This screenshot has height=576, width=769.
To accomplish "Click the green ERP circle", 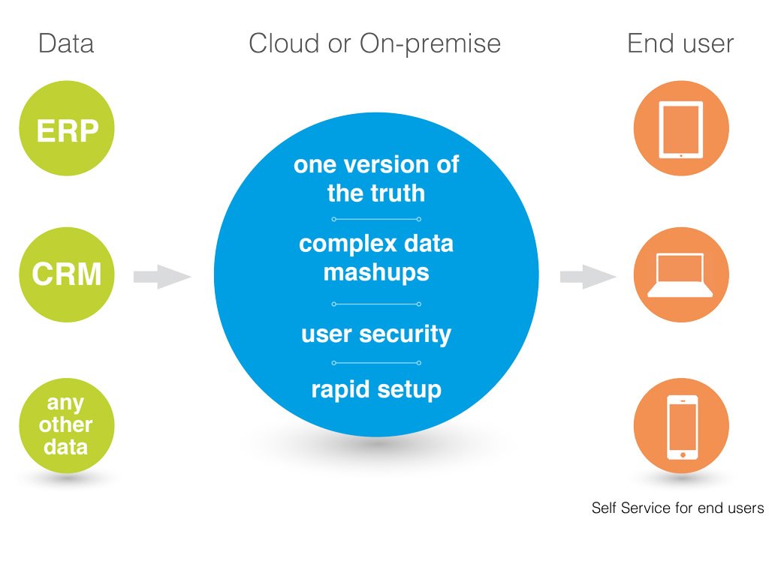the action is click(x=67, y=128).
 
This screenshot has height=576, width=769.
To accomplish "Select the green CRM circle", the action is click(x=67, y=274).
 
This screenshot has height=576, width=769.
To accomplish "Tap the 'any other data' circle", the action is click(x=67, y=425).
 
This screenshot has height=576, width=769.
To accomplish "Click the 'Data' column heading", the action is click(x=66, y=43).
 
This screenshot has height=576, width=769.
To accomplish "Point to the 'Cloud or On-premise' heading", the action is click(x=375, y=44).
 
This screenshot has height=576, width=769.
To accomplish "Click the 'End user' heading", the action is click(x=680, y=43).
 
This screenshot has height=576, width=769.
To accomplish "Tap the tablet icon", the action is click(x=680, y=129).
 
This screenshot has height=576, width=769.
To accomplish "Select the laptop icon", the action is click(x=680, y=274).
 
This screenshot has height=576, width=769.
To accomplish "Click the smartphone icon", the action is click(x=682, y=427).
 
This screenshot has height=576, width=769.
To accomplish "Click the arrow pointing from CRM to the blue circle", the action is click(x=162, y=277).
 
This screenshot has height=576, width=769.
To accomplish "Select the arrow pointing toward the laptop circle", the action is click(x=588, y=277).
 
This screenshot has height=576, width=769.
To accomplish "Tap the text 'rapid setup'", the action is click(x=376, y=390).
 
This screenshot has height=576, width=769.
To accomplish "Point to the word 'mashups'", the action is click(x=376, y=273).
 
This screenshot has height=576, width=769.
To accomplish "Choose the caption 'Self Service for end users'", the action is click(x=677, y=508).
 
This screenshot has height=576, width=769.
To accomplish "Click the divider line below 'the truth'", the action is click(x=376, y=219).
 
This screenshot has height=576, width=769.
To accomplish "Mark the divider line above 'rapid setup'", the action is click(x=376, y=363).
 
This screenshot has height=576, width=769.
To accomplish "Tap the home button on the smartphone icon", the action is click(x=683, y=455).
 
